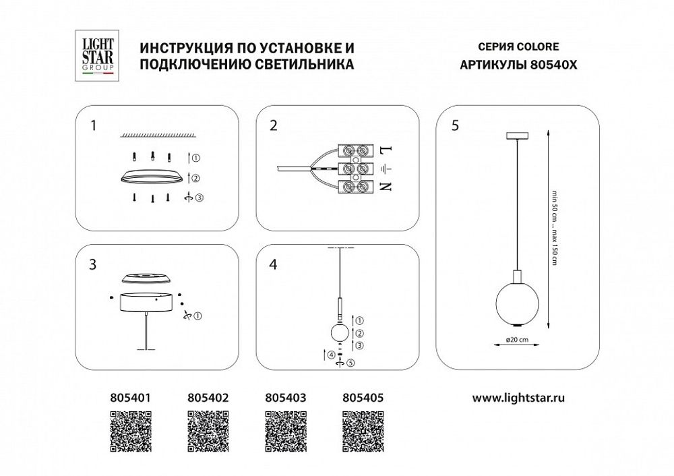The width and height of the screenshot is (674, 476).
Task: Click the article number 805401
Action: tap(128, 398)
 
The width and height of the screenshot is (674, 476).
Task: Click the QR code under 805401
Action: tap(128, 432)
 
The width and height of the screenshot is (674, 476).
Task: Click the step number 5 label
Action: tap(456, 125)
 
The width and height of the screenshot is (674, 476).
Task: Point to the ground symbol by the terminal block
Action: tap(386, 169)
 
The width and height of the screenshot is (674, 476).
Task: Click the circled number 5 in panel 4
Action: tap(350, 363)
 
